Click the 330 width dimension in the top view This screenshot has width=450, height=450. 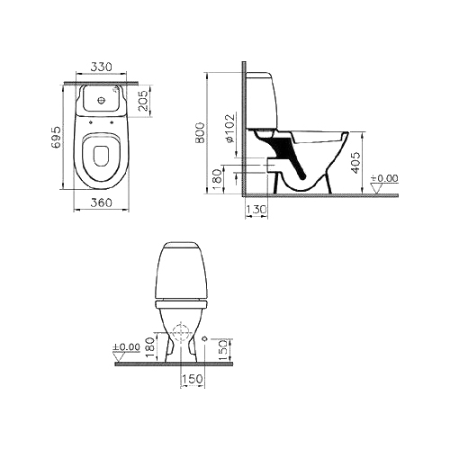click(x=101, y=67)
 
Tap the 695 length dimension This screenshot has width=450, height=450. click(x=56, y=138)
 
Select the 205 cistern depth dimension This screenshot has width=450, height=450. click(x=144, y=101)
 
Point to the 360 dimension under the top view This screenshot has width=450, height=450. click(x=101, y=202)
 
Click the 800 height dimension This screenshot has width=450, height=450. click(x=200, y=132)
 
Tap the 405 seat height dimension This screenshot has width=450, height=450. click(x=355, y=163)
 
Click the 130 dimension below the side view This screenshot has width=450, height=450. click(x=256, y=209)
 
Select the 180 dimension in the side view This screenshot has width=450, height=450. click(x=218, y=179)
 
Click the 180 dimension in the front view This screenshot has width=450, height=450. click(x=150, y=347)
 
